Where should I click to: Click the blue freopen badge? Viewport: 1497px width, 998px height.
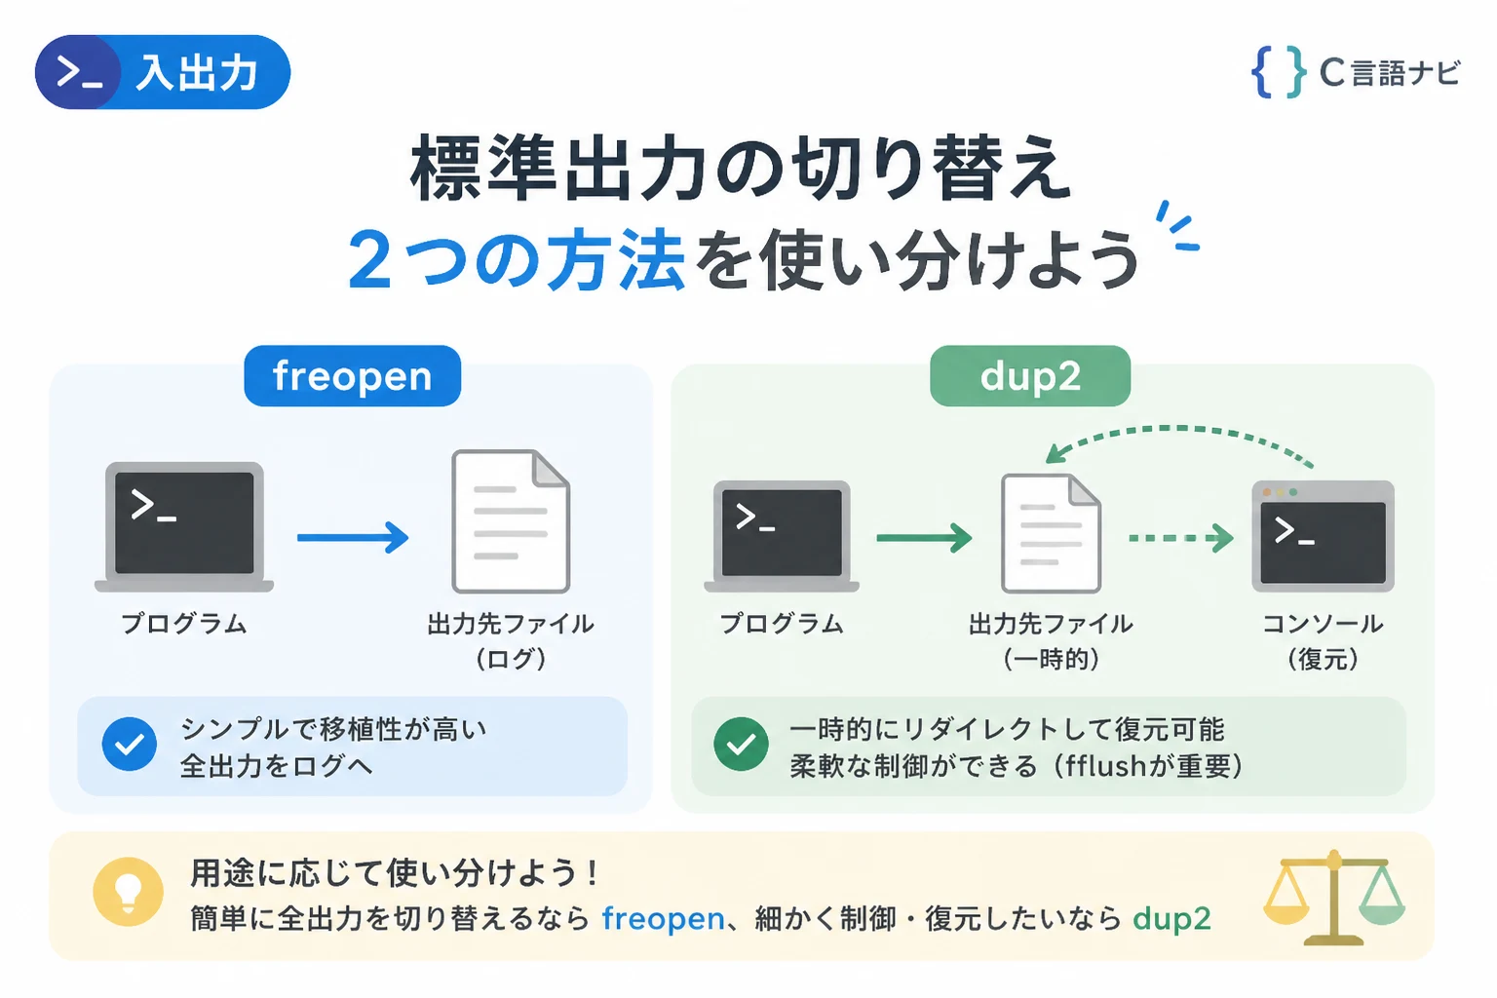(x=352, y=375)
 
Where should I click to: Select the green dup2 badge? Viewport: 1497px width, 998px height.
(x=1030, y=375)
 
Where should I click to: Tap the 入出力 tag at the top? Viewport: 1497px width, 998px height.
(x=163, y=72)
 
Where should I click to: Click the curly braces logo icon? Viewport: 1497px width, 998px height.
(x=1279, y=72)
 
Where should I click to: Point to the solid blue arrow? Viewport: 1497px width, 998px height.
(x=353, y=537)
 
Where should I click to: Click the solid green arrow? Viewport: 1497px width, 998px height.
(x=924, y=538)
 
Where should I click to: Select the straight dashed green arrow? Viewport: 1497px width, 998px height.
(x=1181, y=538)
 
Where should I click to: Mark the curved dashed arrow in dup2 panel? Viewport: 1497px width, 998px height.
(x=1179, y=429)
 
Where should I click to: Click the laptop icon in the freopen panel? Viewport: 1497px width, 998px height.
(x=184, y=526)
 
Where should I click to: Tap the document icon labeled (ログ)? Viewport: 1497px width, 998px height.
(x=512, y=521)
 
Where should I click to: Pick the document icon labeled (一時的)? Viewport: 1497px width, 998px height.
(x=1051, y=533)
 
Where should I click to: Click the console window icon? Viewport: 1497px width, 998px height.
(x=1323, y=536)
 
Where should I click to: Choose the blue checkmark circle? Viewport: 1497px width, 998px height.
(x=130, y=744)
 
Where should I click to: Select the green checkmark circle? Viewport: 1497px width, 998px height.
(x=741, y=744)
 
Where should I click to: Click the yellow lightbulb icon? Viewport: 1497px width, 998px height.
(x=129, y=892)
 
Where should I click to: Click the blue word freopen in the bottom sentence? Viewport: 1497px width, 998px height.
(x=663, y=919)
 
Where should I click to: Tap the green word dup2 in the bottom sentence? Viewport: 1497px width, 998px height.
(x=1171, y=919)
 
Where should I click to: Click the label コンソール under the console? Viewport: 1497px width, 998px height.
(x=1323, y=624)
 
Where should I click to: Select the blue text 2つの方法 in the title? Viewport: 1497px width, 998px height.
(x=516, y=259)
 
